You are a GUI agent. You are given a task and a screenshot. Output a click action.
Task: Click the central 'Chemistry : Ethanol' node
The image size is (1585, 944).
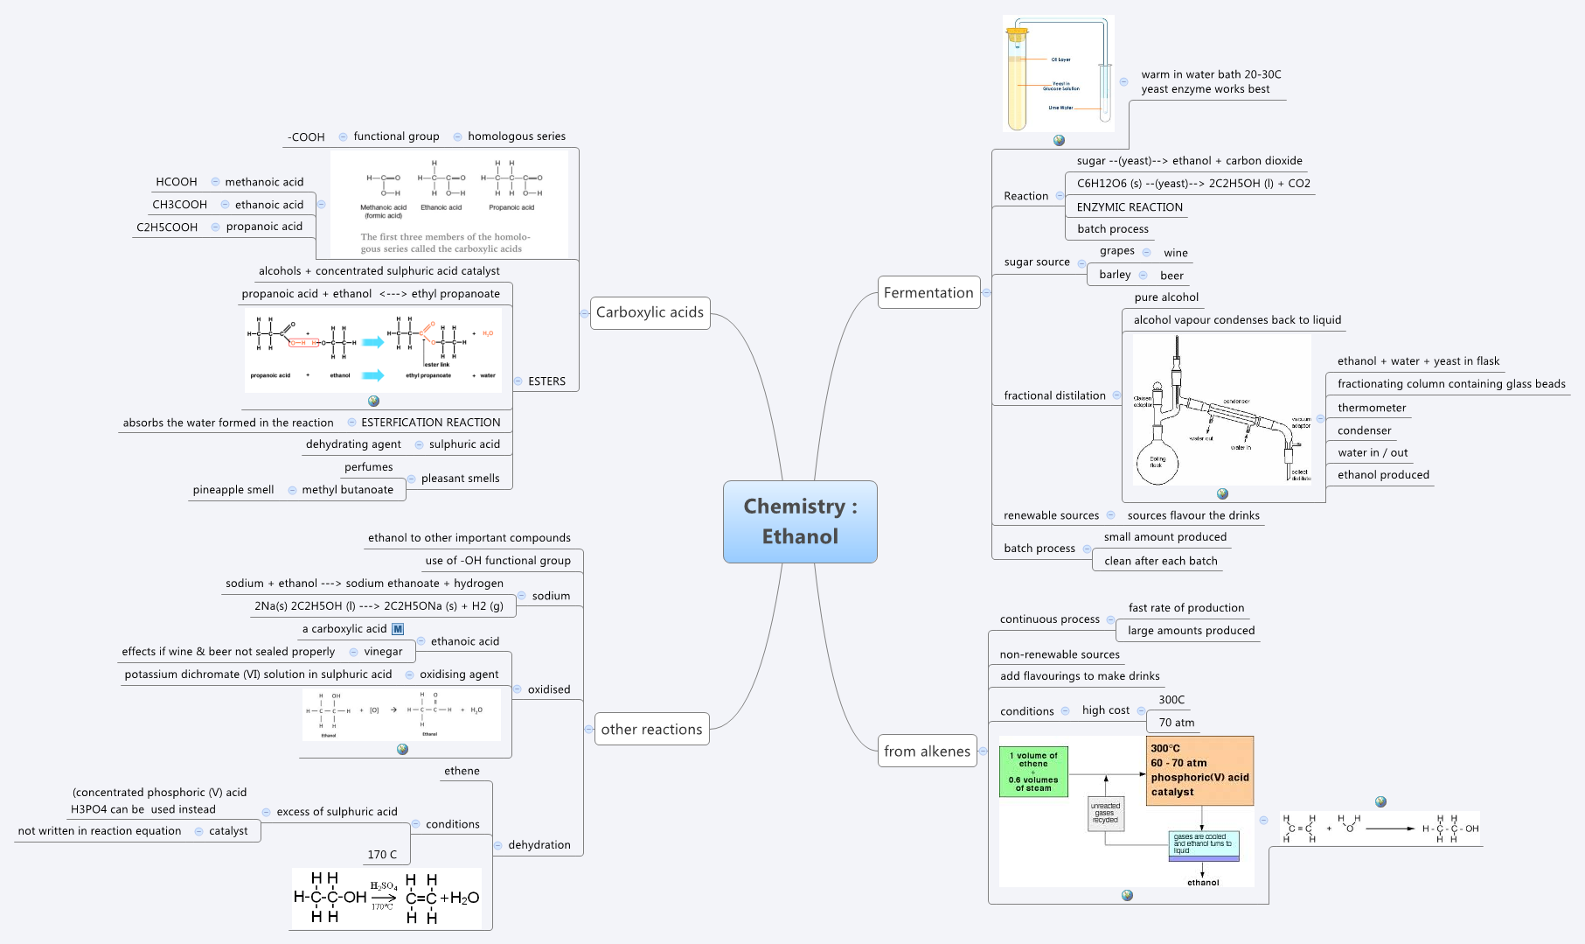799,521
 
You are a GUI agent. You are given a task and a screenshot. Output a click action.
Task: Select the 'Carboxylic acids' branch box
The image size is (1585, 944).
650,312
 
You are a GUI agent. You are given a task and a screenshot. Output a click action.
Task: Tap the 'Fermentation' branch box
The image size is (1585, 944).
928,293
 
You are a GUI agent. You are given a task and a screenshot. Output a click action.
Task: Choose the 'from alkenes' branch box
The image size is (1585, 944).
927,751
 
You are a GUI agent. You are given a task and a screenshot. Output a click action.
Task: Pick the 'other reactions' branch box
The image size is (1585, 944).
651,729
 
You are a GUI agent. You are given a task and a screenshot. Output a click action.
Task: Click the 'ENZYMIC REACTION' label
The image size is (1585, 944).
1130,207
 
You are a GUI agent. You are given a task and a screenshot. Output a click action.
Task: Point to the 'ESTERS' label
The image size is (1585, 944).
546,381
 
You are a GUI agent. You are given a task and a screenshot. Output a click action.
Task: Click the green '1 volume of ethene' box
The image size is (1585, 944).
1033,771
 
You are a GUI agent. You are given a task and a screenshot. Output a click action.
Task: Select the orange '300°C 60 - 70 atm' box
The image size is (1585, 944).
1199,770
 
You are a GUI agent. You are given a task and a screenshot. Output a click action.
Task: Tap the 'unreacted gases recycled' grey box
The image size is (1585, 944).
1105,813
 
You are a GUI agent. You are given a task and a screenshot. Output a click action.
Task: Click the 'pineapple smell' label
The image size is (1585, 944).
233,490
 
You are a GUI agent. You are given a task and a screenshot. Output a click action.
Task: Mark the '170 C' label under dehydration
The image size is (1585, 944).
382,855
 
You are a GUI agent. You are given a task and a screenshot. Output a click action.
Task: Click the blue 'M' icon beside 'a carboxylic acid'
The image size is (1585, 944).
398,629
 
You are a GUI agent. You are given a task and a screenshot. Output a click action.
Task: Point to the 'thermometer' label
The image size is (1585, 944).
1372,408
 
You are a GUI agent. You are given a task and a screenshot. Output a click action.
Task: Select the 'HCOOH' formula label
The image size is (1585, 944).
177,182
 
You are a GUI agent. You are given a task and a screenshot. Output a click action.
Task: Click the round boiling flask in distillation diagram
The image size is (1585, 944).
1157,463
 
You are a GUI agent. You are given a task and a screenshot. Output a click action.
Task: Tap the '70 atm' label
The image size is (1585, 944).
1176,723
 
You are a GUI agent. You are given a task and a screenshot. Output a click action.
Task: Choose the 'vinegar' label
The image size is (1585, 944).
383,652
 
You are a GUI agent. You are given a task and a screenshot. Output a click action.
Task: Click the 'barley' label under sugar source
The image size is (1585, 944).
1115,275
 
